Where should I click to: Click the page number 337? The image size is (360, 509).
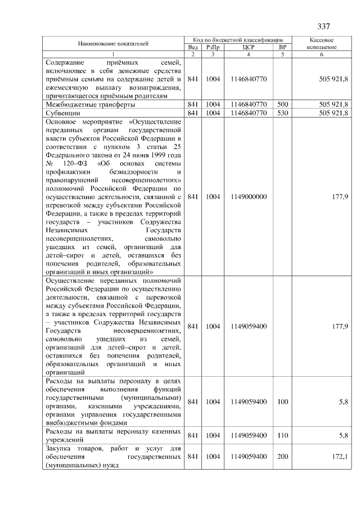(x=323, y=26)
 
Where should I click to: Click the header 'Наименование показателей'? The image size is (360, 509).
(x=113, y=43)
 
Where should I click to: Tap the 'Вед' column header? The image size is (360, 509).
(x=192, y=48)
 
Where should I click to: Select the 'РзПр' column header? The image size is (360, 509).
(x=213, y=48)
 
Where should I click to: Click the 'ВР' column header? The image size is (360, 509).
(x=282, y=48)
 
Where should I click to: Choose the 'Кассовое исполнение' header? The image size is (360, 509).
(x=322, y=44)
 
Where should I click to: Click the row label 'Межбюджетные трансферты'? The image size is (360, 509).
(x=90, y=104)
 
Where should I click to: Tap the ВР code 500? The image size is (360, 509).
(x=282, y=104)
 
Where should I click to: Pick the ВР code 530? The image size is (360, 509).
(x=282, y=112)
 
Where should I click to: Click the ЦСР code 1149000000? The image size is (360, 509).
(x=248, y=197)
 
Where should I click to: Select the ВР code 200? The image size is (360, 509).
(x=282, y=456)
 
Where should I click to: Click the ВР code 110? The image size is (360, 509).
(x=282, y=435)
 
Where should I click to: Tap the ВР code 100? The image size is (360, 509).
(x=282, y=402)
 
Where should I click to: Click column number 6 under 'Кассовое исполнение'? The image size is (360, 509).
(x=322, y=55)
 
